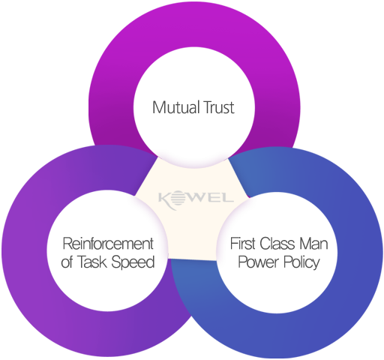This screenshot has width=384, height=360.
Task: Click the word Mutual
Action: (175, 107)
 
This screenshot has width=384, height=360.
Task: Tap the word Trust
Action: (218, 107)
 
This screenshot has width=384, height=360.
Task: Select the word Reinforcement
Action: (108, 244)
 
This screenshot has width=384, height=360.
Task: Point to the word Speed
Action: (133, 262)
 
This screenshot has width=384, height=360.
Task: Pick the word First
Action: (242, 243)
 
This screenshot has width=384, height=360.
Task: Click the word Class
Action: (277, 243)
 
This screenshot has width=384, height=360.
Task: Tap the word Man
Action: (313, 244)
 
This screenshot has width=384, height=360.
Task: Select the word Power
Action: (258, 262)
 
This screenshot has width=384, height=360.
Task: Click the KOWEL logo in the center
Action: (196, 199)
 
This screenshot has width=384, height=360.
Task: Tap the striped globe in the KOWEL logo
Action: (178, 198)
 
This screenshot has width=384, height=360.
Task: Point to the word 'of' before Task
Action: (67, 262)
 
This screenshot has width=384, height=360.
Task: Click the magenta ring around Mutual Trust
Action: (194, 24)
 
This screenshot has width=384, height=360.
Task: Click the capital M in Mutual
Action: (158, 107)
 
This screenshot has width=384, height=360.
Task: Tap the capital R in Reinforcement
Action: (67, 244)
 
